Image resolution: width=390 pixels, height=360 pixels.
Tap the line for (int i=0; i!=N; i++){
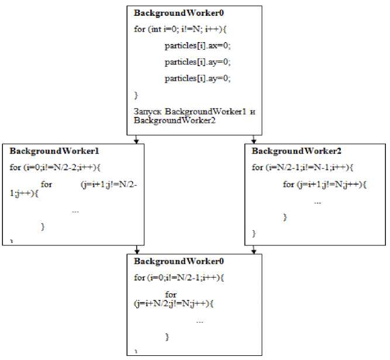click(x=181, y=29)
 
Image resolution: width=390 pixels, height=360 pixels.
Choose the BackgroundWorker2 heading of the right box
click(x=288, y=151)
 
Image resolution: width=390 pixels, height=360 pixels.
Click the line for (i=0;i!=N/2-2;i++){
click(x=56, y=168)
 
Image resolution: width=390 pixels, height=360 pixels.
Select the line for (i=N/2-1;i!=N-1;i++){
click(x=302, y=168)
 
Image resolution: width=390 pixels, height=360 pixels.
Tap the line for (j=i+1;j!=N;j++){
click(x=325, y=185)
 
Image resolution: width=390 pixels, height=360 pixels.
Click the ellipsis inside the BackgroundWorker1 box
click(x=75, y=210)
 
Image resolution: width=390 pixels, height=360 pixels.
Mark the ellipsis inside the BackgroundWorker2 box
click(x=317, y=202)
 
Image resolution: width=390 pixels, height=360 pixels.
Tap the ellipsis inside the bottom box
click(x=200, y=321)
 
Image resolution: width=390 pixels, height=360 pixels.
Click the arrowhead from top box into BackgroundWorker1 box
click(x=136, y=140)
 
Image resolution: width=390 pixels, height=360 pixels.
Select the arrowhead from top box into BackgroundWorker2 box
click(x=253, y=140)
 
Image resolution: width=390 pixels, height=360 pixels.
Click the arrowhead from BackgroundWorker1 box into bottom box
click(x=136, y=250)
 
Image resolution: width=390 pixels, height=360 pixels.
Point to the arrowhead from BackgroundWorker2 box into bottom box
click(x=253, y=250)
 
